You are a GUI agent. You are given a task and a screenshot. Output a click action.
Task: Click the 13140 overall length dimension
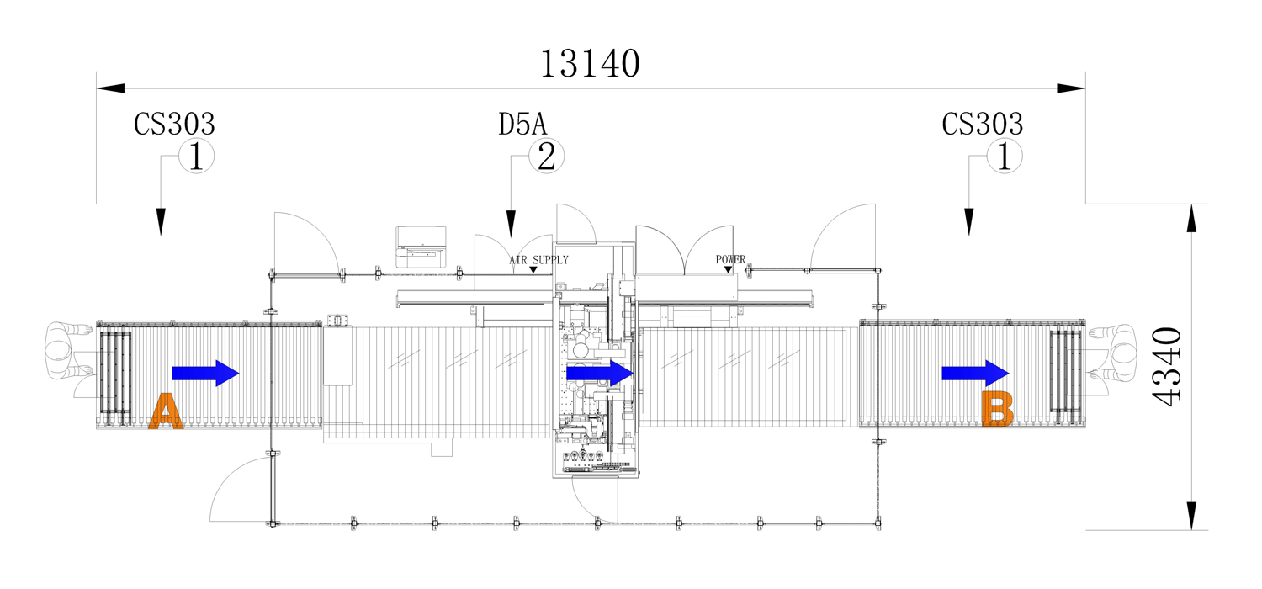[590, 63]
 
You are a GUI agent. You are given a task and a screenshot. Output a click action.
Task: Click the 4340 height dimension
[1166, 366]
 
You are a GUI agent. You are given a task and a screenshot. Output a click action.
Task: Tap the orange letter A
[166, 411]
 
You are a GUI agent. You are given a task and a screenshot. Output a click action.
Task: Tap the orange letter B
[998, 409]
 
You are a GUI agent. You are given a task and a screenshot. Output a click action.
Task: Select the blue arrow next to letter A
[205, 373]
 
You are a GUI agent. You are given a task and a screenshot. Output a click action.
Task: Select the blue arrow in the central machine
[600, 373]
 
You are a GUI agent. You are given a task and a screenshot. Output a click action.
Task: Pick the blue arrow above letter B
[975, 373]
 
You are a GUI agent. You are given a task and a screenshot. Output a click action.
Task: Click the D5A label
[522, 124]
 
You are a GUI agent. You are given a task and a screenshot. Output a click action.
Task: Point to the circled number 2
[547, 156]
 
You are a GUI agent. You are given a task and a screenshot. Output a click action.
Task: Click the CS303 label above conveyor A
[174, 124]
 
